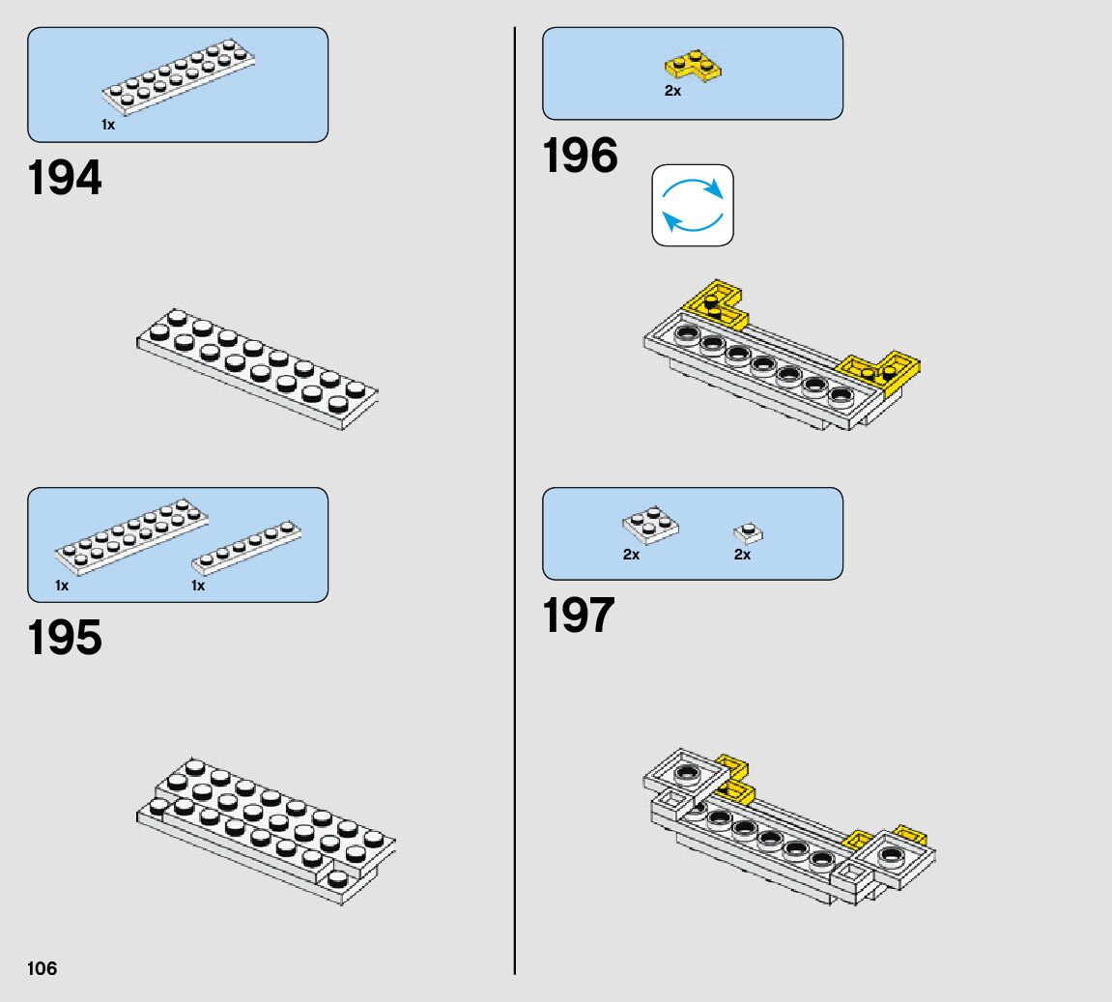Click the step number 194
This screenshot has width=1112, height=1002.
(x=65, y=179)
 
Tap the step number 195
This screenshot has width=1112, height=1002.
(x=65, y=639)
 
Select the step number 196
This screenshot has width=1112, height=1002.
(x=580, y=157)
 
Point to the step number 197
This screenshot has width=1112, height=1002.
(x=579, y=616)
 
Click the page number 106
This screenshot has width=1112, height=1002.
(x=43, y=968)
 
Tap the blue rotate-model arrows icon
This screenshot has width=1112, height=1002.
(x=693, y=205)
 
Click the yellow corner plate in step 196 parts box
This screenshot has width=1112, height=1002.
(x=694, y=67)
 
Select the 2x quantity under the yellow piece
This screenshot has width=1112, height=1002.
(x=672, y=91)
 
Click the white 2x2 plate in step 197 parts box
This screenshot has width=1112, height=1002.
(x=649, y=526)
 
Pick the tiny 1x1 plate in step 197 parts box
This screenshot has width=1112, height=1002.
(x=748, y=531)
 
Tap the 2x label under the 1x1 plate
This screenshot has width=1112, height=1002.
(x=742, y=555)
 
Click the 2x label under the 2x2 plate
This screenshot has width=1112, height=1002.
(x=631, y=555)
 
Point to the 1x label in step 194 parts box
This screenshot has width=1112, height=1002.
(x=108, y=125)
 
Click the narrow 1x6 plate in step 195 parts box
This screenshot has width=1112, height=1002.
(x=246, y=547)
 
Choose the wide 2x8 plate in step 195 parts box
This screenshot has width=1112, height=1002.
(x=132, y=534)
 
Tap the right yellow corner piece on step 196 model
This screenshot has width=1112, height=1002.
(x=882, y=372)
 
